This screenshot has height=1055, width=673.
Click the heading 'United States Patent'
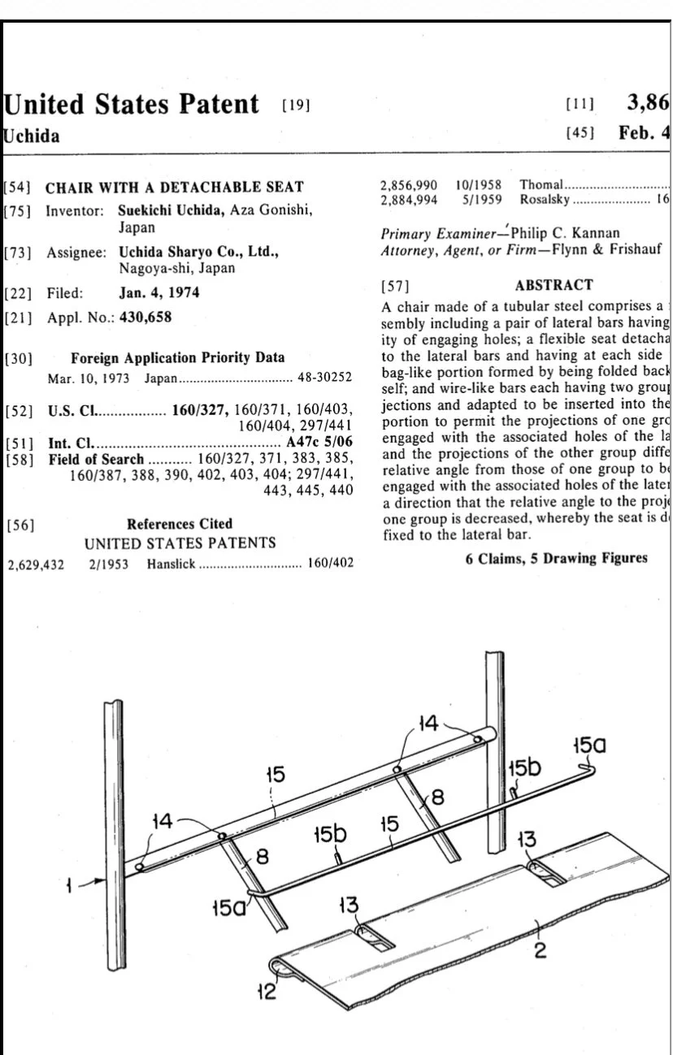132,105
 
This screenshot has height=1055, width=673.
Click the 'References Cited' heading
180,524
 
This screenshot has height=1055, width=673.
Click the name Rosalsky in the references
545,199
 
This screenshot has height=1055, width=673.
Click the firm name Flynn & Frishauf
610,250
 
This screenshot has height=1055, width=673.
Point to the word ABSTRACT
554,285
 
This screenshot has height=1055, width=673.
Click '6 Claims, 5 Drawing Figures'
556,558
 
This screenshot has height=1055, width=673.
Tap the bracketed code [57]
396,286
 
